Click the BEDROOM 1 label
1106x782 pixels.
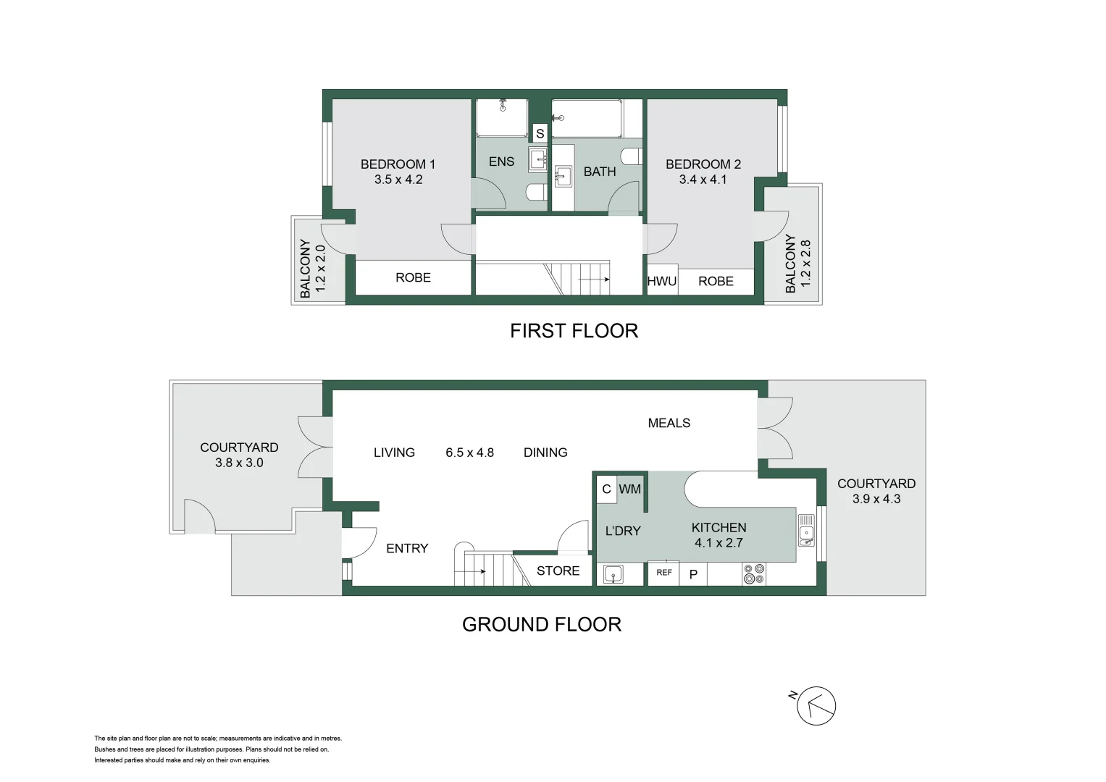[x=398, y=164]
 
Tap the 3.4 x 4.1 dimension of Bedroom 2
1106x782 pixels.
[x=703, y=180]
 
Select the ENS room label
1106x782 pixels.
[x=501, y=161]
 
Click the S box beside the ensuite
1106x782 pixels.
[x=540, y=134]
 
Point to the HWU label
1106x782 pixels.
[x=661, y=281]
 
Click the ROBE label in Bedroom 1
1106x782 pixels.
[x=413, y=277]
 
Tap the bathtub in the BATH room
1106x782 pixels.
[x=587, y=119]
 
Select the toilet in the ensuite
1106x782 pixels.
[x=537, y=192]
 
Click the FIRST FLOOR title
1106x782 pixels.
[x=574, y=331]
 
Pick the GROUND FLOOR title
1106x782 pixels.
[x=541, y=624]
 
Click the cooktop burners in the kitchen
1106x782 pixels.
[x=753, y=574]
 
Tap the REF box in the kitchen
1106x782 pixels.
[x=663, y=573]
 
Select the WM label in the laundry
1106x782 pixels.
[x=629, y=489]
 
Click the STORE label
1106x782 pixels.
[x=558, y=571]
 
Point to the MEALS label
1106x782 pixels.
[x=669, y=423]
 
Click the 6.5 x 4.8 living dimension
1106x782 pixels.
[x=469, y=453]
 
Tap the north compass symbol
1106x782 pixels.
[x=816, y=705]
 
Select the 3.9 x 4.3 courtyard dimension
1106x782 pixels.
[x=876, y=499]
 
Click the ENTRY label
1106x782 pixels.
[x=407, y=548]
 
